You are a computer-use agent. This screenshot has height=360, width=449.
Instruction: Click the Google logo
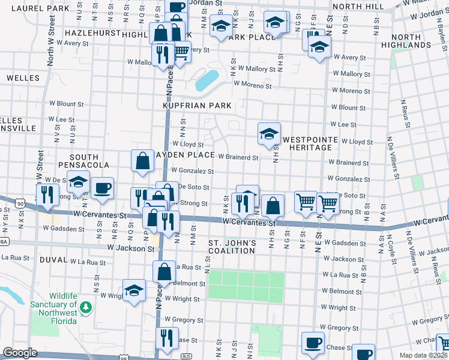20,353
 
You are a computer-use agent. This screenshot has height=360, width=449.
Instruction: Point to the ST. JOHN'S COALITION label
232,247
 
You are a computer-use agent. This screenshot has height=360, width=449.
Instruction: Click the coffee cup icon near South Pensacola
102,188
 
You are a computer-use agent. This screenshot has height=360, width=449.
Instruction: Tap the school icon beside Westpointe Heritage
269,133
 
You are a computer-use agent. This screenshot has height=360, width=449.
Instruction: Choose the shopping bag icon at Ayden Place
142,161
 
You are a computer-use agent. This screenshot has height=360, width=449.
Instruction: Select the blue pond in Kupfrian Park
207,79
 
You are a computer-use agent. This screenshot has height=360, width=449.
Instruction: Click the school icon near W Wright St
134,290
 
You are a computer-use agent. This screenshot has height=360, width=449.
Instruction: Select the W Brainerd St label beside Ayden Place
238,157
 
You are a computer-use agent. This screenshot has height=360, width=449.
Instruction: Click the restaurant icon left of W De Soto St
47,194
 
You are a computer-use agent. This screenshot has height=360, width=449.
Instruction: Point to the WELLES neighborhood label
23,78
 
